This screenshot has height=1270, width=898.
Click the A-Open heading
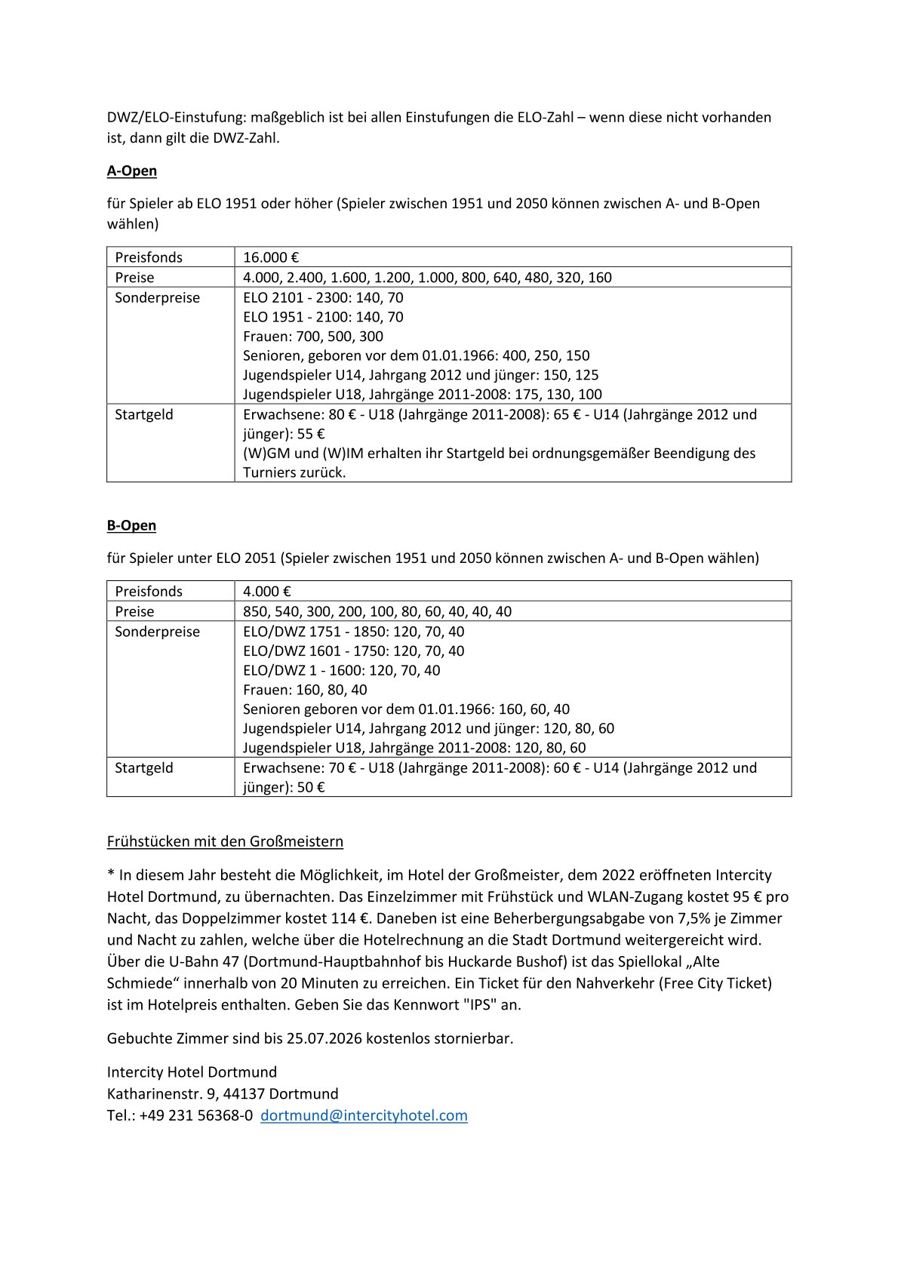132,171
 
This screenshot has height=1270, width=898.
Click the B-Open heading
131,525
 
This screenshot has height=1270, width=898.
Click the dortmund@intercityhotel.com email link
364,1115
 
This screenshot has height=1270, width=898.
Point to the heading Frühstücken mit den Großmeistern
225,841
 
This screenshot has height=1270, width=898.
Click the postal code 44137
244,1093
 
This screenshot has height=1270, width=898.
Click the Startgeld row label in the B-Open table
143,768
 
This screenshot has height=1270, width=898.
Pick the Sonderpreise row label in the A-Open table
157,298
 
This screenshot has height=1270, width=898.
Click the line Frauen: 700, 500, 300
312,337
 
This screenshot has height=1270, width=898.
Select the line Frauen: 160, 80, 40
305,690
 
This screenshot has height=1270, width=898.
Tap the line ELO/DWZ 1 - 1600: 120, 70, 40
341,670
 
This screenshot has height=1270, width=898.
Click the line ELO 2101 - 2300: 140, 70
323,297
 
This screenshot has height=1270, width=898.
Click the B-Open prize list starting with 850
377,611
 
